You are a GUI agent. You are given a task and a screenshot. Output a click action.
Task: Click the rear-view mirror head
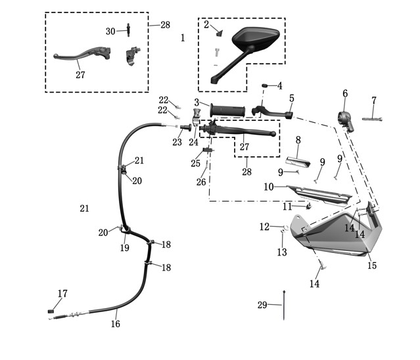pos(255,38)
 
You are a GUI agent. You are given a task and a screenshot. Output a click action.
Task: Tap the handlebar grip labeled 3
pos(227,110)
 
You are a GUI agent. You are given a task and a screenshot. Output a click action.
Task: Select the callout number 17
pos(62,294)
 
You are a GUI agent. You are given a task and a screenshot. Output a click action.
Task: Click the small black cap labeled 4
pos(265,85)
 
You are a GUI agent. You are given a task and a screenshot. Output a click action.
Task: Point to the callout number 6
pos(345,94)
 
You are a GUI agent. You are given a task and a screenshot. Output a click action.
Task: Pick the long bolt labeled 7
pos(372,119)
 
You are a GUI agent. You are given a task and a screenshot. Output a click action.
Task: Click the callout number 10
pos(269,187)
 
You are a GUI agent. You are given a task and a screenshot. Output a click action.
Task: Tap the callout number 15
pos(372,265)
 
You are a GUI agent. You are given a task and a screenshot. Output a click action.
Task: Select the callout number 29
pos(262,305)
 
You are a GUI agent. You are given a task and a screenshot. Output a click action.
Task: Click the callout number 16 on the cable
pos(116,324)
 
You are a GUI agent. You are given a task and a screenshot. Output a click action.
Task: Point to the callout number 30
pos(110,32)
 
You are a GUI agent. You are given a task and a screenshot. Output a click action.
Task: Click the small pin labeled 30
pos(129,30)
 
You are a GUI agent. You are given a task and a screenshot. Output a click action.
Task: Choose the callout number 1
pos(183,37)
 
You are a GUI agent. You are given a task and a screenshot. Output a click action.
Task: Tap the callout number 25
pos(195,164)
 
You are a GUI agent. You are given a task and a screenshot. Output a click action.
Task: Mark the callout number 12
pos(264,227)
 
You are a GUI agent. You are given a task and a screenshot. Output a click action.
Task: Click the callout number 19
pos(124,248)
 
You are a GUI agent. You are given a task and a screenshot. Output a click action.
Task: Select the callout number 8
pos(298,140)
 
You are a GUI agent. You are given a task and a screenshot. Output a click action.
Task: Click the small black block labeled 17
pos(51,311)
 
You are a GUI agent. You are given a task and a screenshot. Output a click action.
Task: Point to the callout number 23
pos(177,142)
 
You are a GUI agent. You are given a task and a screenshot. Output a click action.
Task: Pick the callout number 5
pos(292,99)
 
